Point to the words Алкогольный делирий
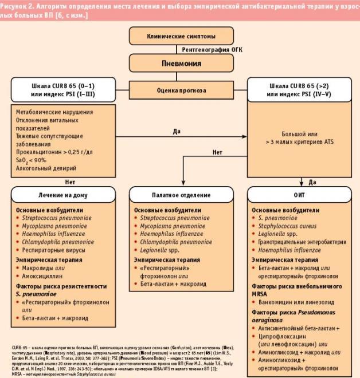46,168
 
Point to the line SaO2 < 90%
34,160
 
